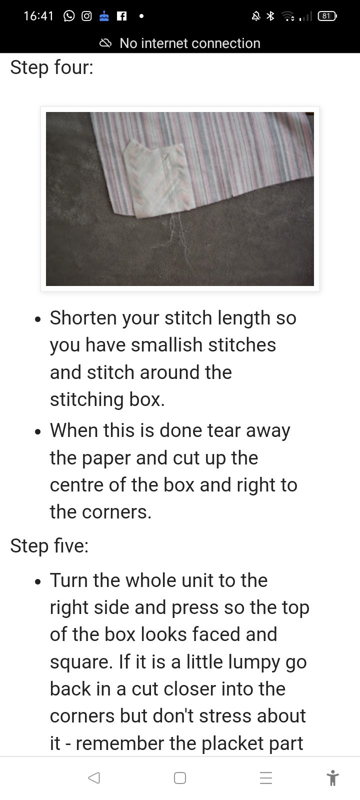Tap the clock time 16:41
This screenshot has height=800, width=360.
click(38, 16)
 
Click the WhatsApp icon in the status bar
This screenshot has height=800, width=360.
click(69, 16)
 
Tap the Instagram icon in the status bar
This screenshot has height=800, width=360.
click(86, 16)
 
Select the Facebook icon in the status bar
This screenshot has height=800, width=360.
click(122, 16)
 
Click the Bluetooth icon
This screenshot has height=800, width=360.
click(270, 16)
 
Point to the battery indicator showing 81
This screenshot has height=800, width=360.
click(327, 16)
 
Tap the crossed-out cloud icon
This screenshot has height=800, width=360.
click(105, 43)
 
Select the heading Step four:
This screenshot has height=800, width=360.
click(52, 67)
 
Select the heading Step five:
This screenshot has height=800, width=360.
click(49, 545)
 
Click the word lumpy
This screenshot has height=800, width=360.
click(254, 662)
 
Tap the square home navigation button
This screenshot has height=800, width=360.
click(180, 778)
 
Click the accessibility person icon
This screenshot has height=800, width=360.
click(332, 778)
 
